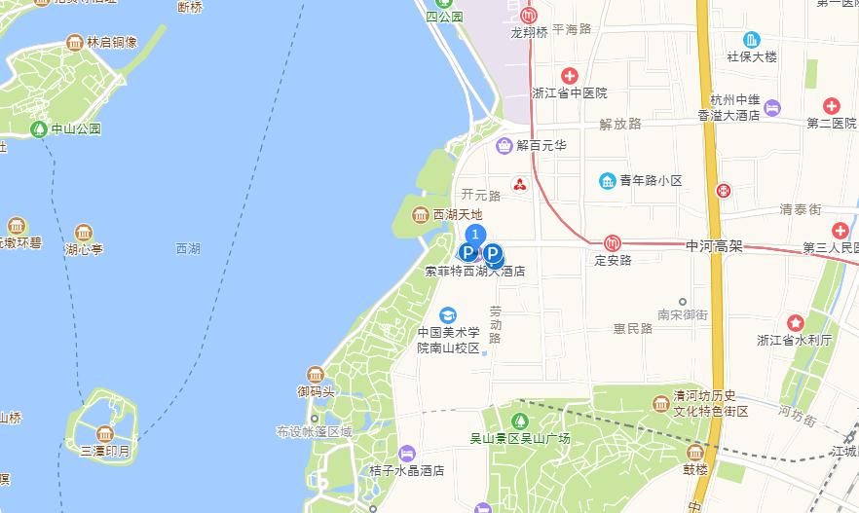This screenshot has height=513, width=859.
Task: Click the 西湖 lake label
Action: click(188, 249)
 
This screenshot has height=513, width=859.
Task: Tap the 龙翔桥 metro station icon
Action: click(529, 16)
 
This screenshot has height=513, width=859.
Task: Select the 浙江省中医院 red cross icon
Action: click(570, 76)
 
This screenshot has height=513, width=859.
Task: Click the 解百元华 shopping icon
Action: click(504, 146)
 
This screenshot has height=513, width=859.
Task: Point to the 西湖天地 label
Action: click(458, 214)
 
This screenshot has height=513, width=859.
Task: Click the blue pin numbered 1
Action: click(475, 235)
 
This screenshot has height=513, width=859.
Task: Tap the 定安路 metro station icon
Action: click(613, 243)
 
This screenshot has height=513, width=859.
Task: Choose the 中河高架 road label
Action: click(715, 247)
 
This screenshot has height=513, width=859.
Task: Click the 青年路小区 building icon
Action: click(608, 181)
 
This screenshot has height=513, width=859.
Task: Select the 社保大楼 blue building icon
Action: click(752, 40)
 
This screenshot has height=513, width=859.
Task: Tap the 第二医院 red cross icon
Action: click(831, 105)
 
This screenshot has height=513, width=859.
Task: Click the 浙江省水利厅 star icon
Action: click(796, 323)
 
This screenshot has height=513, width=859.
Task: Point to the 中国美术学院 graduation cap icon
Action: click(448, 314)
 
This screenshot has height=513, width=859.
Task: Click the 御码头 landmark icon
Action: click(316, 375)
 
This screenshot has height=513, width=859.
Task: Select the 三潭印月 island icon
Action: click(105, 434)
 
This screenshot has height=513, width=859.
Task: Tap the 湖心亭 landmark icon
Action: click(84, 234)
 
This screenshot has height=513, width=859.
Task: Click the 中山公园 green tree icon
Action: click(39, 128)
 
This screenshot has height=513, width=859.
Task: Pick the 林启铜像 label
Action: click(112, 43)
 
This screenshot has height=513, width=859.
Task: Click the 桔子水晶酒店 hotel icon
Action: click(407, 453)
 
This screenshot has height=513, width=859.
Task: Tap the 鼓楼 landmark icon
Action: click(695, 453)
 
